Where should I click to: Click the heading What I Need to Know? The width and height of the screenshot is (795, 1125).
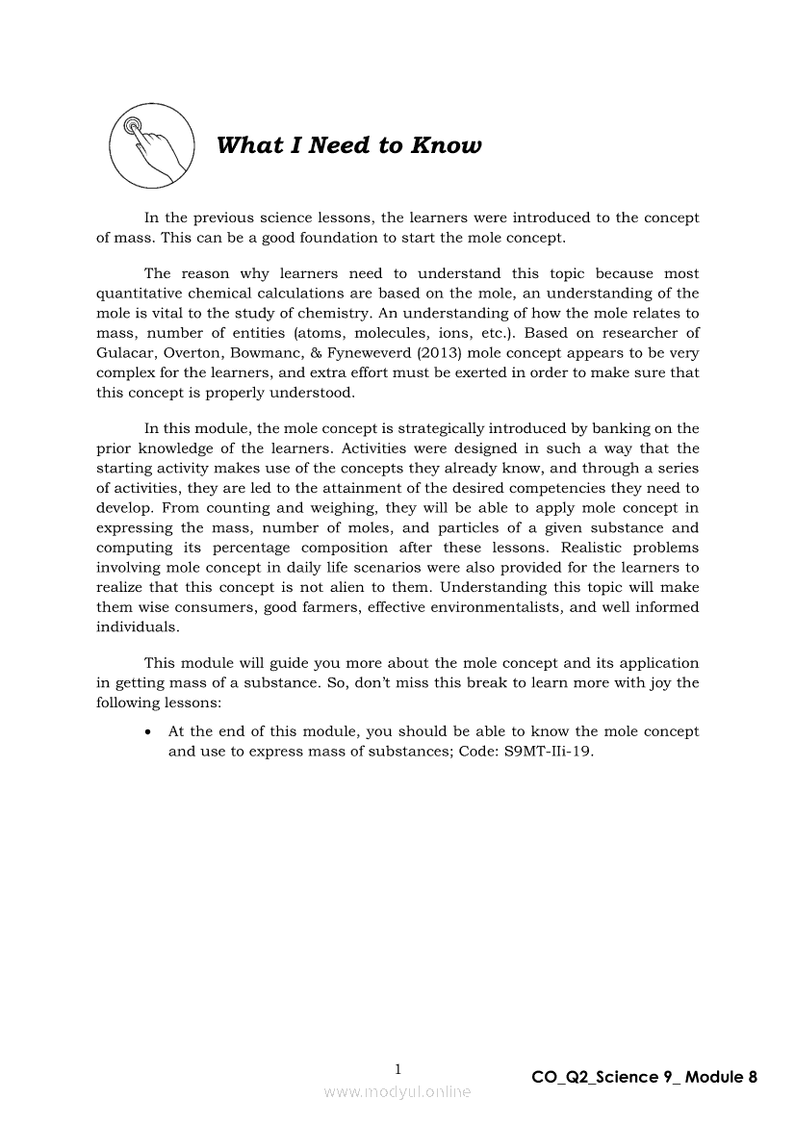pos(348,146)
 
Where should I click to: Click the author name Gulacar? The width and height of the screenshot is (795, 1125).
pos(128,353)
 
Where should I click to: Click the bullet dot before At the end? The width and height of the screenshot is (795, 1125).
pos(146,732)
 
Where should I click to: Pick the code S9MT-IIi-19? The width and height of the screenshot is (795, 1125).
pos(548,752)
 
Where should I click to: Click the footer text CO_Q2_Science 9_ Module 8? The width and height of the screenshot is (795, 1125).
pos(644,1077)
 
